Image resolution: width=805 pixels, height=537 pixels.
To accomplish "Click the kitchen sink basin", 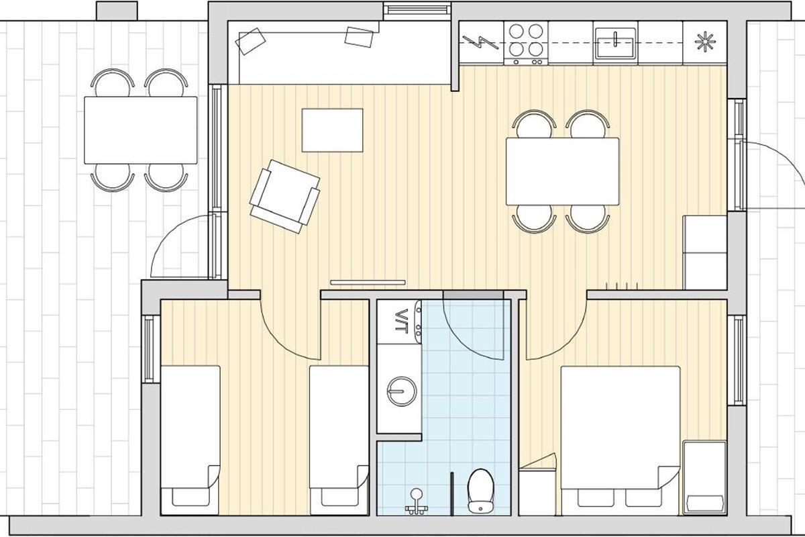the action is click(615, 43).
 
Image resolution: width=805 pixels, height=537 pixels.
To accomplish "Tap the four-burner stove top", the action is click(526, 43).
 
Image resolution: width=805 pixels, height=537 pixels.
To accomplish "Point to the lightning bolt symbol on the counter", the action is click(480, 42).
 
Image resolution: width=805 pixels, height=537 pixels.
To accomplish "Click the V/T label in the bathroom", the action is click(400, 321).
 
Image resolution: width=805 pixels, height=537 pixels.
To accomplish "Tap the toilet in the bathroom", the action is click(480, 490).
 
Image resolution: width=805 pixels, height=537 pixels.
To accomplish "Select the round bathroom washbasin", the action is click(402, 391).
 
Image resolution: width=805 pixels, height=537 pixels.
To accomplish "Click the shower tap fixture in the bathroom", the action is click(417, 501).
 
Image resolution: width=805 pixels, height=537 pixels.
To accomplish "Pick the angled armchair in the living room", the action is click(284, 197).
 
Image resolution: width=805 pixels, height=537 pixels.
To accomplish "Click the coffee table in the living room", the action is click(333, 130).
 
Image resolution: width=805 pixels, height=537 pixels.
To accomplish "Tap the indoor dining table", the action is click(562, 172).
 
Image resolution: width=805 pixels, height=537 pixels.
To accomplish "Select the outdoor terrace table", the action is click(140, 130).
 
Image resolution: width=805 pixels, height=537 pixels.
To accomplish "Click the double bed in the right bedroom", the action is click(621, 440).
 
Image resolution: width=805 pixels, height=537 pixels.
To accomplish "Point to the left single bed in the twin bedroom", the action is click(190, 440).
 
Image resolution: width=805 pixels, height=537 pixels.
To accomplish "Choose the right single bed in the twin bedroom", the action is click(339, 440).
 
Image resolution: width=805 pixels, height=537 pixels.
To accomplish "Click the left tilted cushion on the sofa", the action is click(250, 42).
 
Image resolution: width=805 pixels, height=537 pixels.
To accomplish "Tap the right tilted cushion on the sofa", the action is click(359, 37).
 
